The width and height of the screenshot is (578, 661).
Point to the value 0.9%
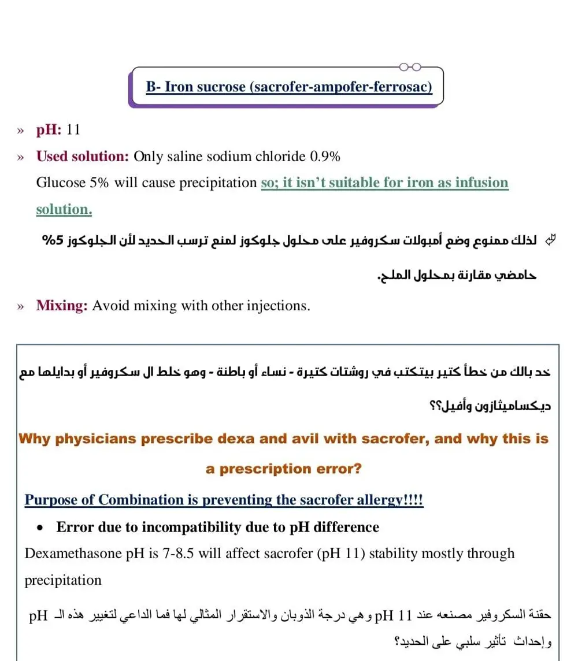coord(325,156)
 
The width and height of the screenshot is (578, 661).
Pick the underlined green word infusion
coord(481,183)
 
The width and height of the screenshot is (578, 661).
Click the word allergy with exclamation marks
coord(399,500)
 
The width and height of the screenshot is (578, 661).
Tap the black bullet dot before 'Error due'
coord(40,528)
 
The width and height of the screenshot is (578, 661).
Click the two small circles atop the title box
coord(410,66)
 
